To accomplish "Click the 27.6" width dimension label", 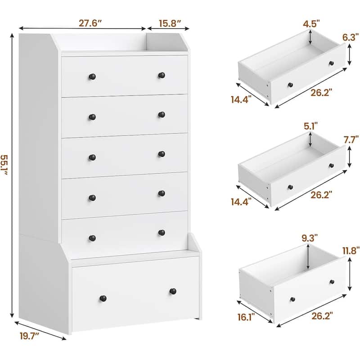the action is [x=90, y=23].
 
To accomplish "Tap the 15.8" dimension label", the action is [x=170, y=23].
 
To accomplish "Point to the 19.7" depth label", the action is [x=29, y=336].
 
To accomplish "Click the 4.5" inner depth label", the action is [x=311, y=24].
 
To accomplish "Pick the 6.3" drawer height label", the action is [x=351, y=37].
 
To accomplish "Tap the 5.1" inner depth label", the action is [x=311, y=126].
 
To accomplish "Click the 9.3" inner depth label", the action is [x=310, y=238].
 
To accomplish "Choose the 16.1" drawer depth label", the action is [x=246, y=317].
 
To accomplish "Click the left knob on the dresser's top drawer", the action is [x=92, y=76].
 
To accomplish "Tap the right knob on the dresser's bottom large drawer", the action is [x=173, y=291].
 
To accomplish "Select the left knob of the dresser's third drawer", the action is [x=92, y=157].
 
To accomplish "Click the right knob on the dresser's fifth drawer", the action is [x=162, y=233].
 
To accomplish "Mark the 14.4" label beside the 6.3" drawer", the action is [x=241, y=100].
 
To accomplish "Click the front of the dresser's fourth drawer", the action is [x=125, y=195].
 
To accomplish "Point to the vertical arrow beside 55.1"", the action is [x=13, y=175].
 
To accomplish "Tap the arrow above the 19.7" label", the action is [x=40, y=330].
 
